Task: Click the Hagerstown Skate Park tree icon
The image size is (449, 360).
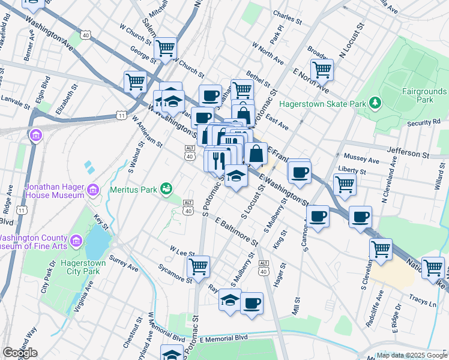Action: [375, 103]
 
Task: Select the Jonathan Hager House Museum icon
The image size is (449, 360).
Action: [93, 191]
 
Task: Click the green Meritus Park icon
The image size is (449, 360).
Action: [166, 190]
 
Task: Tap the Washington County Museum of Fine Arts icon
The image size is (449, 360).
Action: [76, 241]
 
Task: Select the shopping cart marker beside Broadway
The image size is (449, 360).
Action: [322, 70]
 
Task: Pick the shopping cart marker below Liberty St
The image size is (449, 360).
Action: [345, 184]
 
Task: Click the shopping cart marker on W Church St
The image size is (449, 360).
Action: [165, 47]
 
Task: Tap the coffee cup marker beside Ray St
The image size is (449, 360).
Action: [252, 302]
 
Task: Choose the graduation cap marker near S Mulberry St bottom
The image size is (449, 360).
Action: [229, 299]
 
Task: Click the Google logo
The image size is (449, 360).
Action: [20, 353]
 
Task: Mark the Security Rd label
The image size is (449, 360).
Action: [423, 122]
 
